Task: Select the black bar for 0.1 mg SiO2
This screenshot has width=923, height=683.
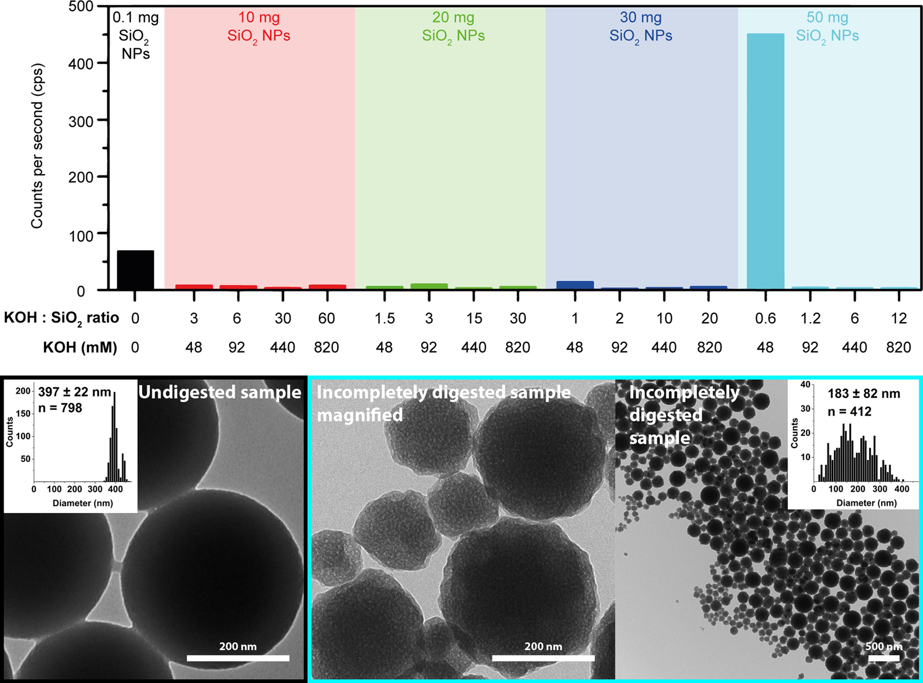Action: [135, 270]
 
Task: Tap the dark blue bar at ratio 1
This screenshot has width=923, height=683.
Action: [575, 285]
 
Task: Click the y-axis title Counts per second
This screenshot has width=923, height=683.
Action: [37, 145]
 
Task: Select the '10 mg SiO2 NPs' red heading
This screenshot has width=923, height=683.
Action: [258, 27]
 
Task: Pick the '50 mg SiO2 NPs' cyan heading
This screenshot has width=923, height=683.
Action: [827, 27]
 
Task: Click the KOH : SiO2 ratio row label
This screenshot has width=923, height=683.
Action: [62, 318]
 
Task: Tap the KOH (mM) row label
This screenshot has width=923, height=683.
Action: [80, 347]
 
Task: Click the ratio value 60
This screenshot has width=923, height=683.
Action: [327, 318]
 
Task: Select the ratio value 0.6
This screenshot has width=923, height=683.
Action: [765, 318]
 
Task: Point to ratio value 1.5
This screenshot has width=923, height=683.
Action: [384, 318]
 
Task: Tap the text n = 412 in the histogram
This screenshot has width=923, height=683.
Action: [849, 412]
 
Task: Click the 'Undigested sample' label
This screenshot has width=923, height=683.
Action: [220, 392]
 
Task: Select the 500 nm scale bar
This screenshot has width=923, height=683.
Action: [884, 658]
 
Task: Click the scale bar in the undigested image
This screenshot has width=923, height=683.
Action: [238, 658]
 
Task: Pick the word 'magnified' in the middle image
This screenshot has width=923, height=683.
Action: [360, 415]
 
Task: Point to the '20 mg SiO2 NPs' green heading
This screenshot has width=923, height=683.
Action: [453, 27]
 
